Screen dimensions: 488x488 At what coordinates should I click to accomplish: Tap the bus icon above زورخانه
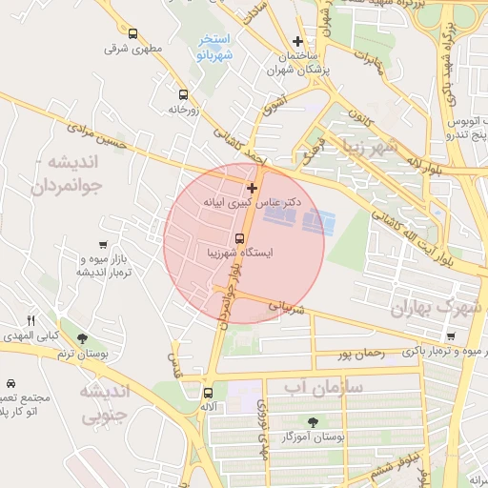click(x=183, y=94)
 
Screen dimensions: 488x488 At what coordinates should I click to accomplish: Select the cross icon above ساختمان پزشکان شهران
click(x=298, y=42)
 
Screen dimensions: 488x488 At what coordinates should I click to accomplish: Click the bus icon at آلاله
click(x=208, y=393)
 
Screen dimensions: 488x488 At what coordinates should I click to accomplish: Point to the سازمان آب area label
click(x=323, y=386)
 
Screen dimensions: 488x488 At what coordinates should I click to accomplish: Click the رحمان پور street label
click(x=360, y=355)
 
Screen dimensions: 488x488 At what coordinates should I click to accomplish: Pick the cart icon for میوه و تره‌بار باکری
click(x=451, y=336)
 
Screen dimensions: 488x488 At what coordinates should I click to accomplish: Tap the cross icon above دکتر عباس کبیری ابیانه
click(x=252, y=188)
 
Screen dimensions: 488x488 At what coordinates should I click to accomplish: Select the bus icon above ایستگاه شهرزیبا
click(x=239, y=237)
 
